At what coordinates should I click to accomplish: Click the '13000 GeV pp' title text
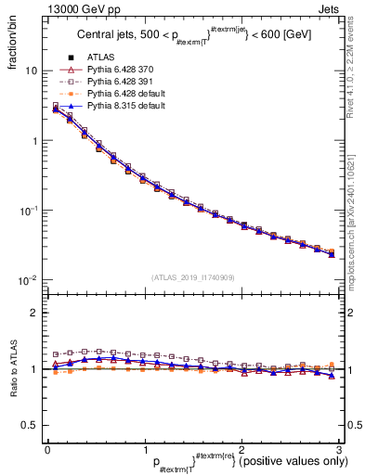click(x=75, y=7)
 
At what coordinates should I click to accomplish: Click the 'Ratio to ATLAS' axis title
click(x=11, y=369)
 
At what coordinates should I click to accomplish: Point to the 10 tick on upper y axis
click(x=31, y=71)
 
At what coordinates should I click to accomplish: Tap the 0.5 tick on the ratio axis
click(x=30, y=425)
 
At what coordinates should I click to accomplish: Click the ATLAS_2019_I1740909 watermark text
click(x=192, y=276)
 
